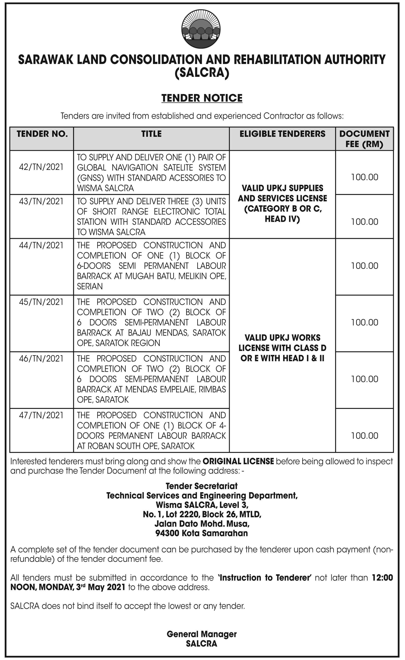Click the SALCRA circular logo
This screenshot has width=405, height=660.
(201, 31)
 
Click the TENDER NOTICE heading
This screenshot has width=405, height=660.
(202, 98)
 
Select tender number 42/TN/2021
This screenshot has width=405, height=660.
(41, 167)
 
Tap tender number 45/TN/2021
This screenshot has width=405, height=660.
(41, 302)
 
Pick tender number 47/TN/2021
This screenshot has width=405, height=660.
(41, 415)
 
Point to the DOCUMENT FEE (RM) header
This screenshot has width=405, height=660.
(364, 139)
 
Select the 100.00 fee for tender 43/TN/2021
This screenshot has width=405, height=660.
(365, 222)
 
